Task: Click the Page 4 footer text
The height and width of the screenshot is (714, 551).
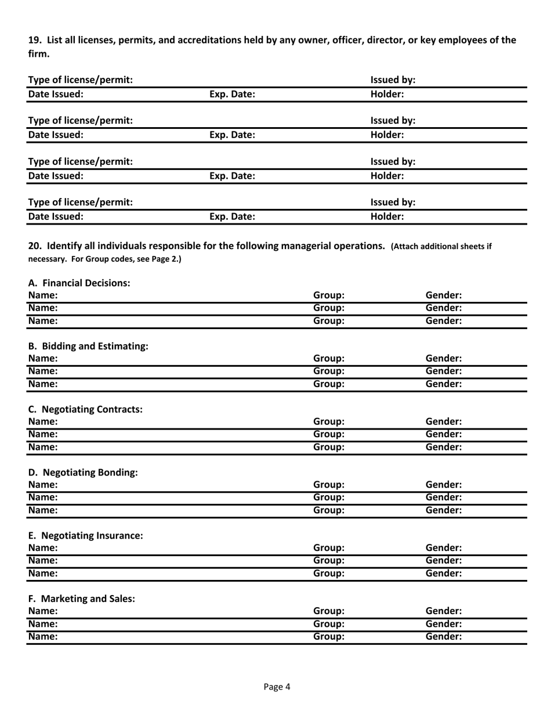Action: coord(277,687)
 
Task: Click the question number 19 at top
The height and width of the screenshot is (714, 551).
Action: coord(35,40)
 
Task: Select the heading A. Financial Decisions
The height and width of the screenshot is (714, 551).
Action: coord(79,283)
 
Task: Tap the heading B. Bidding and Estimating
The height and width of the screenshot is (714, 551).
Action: coord(88,346)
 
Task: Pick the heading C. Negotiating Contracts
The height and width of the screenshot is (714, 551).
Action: coord(85,409)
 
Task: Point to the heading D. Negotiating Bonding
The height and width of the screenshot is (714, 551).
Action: coord(83,473)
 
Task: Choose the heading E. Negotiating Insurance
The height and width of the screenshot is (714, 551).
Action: coord(85,536)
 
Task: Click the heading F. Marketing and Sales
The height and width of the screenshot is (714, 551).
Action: coord(81,598)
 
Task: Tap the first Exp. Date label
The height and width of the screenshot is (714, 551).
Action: coord(232,93)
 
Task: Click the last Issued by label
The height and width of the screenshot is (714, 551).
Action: coord(393,203)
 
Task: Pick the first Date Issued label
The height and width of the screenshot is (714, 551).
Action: coord(56,93)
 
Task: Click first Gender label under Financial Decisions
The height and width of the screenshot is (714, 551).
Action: coord(444,295)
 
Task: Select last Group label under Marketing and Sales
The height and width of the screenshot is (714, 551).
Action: coord(329,637)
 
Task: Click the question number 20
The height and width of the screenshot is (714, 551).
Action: coord(35,246)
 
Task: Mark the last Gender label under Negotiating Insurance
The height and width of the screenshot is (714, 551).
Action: coord(444,574)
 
